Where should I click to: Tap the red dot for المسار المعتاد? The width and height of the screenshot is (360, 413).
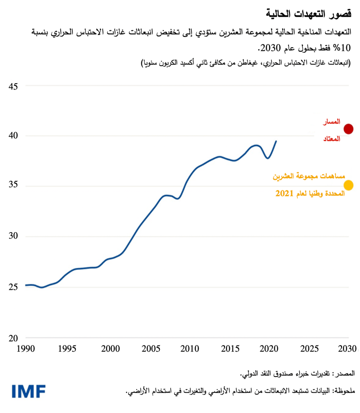coord(348,129)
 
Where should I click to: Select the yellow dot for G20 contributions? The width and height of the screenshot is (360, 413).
coord(348,185)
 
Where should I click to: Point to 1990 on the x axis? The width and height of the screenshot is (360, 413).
coord(26,348)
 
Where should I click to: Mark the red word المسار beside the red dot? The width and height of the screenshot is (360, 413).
coord(331,121)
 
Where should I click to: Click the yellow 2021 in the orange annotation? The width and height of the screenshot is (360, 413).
coord(284,193)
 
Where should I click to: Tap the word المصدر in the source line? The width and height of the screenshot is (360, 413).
coord(344,373)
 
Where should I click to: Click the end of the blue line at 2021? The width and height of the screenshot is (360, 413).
coord(276,141)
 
